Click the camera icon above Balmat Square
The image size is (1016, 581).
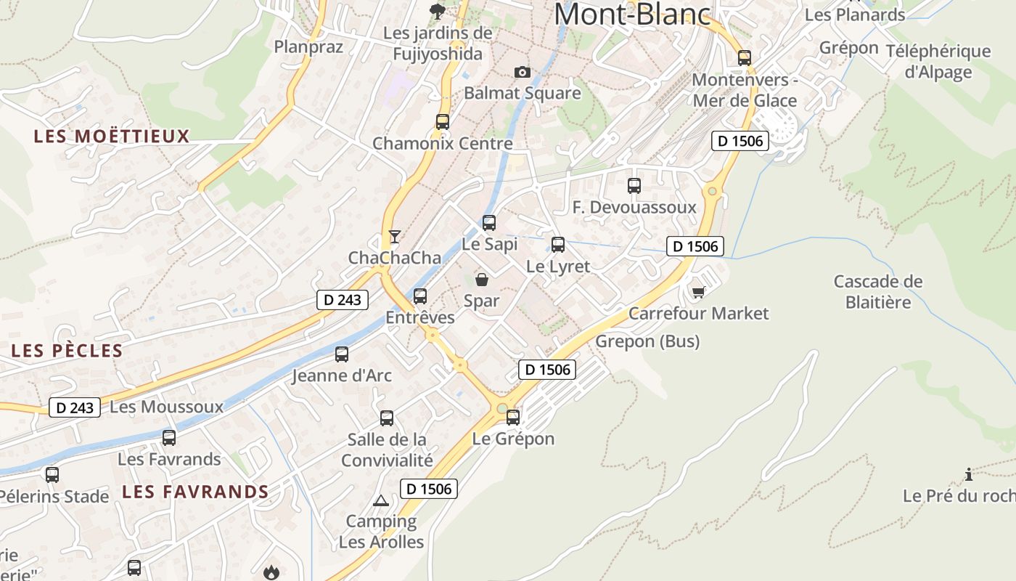[522, 72]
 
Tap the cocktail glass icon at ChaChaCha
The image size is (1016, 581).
[394, 237]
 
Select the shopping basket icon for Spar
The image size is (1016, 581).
[482, 280]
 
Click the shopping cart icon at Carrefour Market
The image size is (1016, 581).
[698, 292]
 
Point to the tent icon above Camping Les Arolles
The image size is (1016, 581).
[381, 500]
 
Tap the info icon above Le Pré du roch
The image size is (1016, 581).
[969, 475]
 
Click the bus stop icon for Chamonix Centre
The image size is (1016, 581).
[443, 122]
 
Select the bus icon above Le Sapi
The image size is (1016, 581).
[489, 223]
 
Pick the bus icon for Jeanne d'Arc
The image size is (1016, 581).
[342, 354]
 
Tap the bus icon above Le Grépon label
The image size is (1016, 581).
[513, 418]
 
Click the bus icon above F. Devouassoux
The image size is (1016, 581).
[634, 186]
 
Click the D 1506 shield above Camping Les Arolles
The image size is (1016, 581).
[429, 489]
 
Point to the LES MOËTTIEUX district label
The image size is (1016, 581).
[112, 137]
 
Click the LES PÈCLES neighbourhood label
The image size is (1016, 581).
[67, 351]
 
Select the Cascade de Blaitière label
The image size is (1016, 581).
[878, 291]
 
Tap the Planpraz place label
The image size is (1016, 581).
[308, 46]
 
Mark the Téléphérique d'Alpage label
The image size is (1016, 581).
[938, 61]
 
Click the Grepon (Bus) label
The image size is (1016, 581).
[647, 341]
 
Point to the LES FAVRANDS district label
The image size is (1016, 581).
[195, 492]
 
